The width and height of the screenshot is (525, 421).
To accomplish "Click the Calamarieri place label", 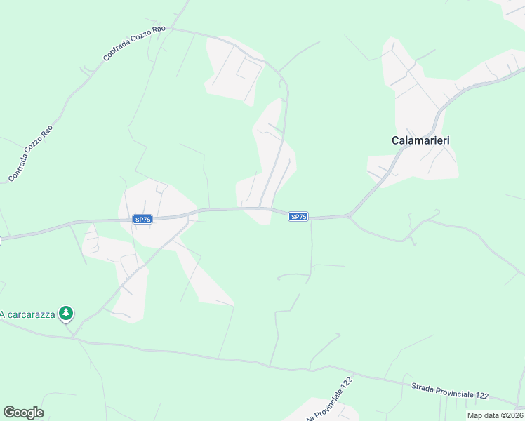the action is (x=420, y=140).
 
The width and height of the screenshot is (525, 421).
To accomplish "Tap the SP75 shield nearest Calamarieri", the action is (x=298, y=217).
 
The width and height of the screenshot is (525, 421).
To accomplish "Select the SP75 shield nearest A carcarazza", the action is (x=142, y=220).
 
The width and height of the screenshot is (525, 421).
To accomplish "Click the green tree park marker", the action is (x=65, y=313).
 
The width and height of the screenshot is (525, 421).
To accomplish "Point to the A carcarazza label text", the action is (x=27, y=314).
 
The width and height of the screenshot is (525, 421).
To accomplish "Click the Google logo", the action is (x=23, y=413).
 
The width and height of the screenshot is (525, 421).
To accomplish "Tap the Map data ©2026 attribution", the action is (x=494, y=415).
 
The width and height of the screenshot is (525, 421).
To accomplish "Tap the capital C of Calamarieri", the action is (x=394, y=140).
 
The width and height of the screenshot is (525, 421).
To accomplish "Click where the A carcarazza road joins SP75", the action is (x=188, y=218).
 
